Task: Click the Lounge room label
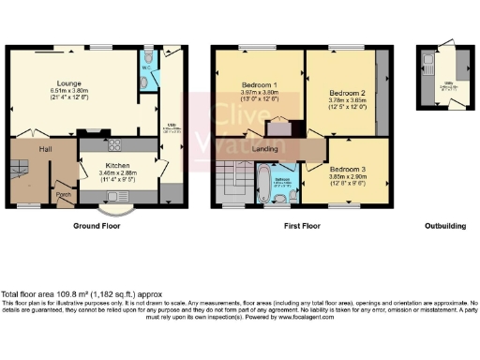(x=67, y=82)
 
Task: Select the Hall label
(x=44, y=149)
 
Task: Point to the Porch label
(x=64, y=195)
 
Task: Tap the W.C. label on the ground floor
(x=146, y=67)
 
